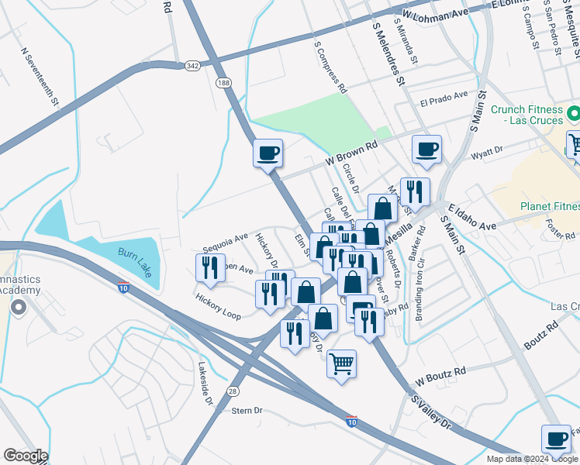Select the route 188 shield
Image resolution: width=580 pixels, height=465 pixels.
point(224,82)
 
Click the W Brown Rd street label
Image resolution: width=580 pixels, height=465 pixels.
point(350,153)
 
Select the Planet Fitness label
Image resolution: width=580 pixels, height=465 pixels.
point(550,206)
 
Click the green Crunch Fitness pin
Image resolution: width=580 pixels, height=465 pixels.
point(574,115)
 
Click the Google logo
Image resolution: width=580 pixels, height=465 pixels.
point(26,456)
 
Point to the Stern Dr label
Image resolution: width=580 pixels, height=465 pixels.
point(247,410)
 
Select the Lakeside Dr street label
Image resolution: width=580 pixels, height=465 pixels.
point(205,384)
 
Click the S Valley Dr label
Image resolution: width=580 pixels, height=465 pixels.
point(431,412)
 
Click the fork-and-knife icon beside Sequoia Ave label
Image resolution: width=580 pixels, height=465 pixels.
point(210,267)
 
